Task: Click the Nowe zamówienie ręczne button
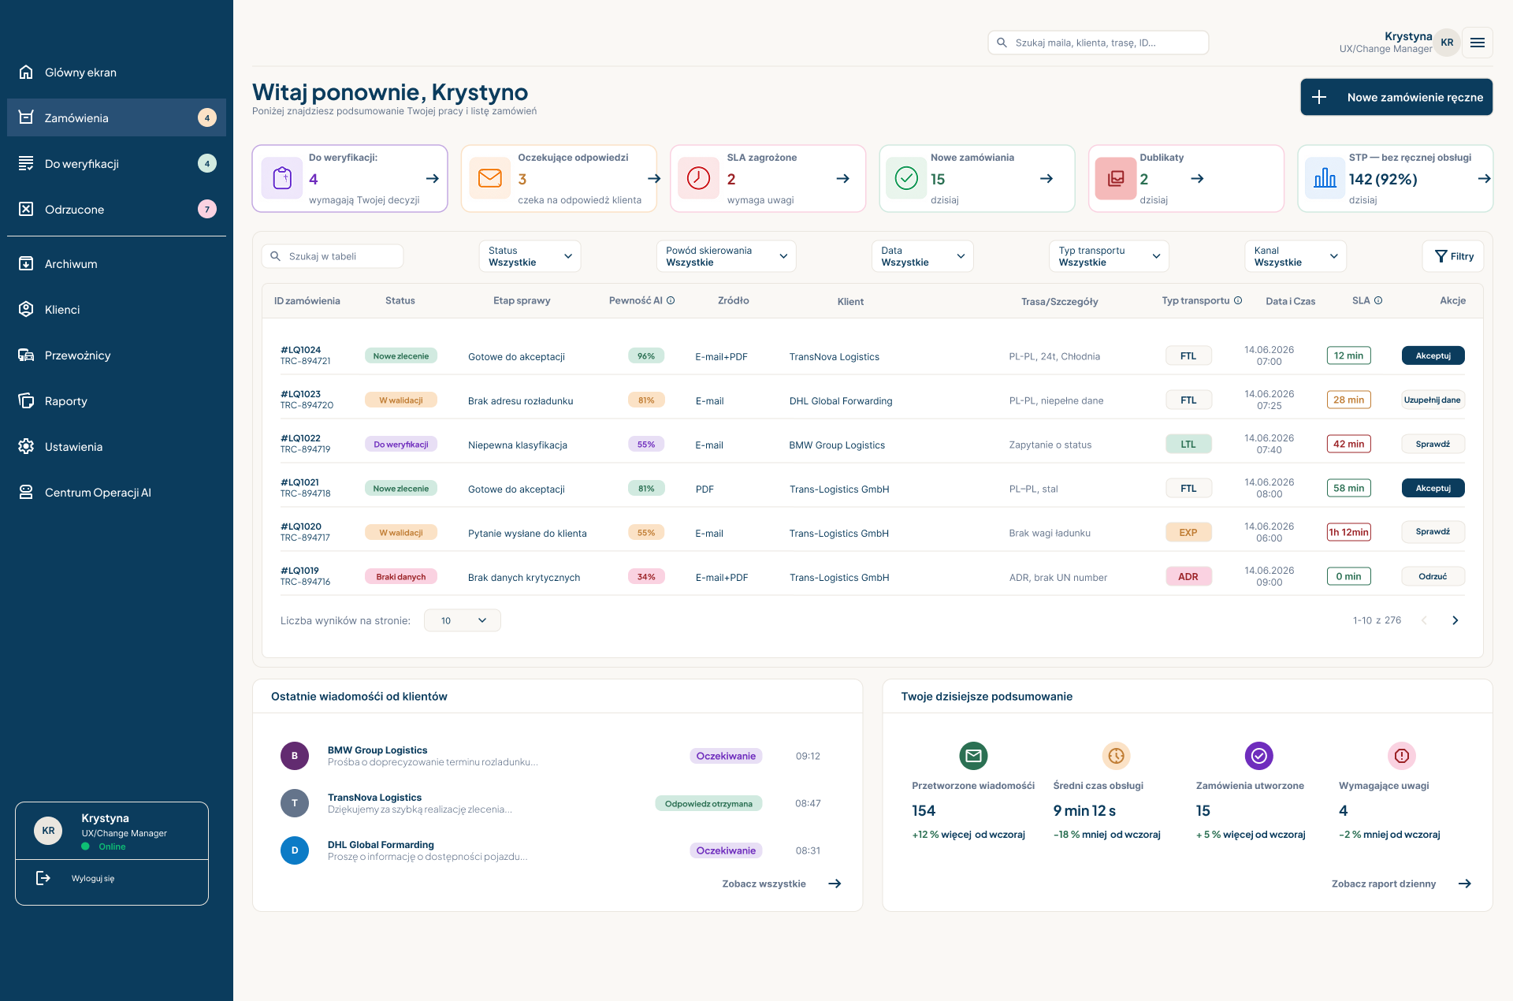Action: pyautogui.click(x=1396, y=97)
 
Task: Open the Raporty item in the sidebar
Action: pyautogui.click(x=66, y=401)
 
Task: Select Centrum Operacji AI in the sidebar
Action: pyautogui.click(x=98, y=493)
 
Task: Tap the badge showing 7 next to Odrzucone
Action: pyautogui.click(x=207, y=209)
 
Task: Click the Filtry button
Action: pyautogui.click(x=1454, y=256)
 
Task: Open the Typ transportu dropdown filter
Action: pyautogui.click(x=1109, y=256)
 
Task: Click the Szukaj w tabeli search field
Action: pyautogui.click(x=333, y=256)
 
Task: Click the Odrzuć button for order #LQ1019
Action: pyautogui.click(x=1433, y=576)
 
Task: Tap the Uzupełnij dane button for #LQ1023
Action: pyautogui.click(x=1433, y=400)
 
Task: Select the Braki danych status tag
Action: pyautogui.click(x=401, y=576)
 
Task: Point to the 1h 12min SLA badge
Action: pyautogui.click(x=1349, y=532)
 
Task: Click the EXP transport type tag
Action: pyautogui.click(x=1188, y=532)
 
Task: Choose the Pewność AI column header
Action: pyautogui.click(x=641, y=300)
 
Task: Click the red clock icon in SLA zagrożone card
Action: pyautogui.click(x=698, y=178)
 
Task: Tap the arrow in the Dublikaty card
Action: pyautogui.click(x=1197, y=179)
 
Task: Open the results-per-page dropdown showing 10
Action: pyautogui.click(x=463, y=620)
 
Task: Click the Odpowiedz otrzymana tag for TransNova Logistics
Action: pyautogui.click(x=708, y=803)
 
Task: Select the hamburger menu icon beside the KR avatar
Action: pyautogui.click(x=1478, y=43)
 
